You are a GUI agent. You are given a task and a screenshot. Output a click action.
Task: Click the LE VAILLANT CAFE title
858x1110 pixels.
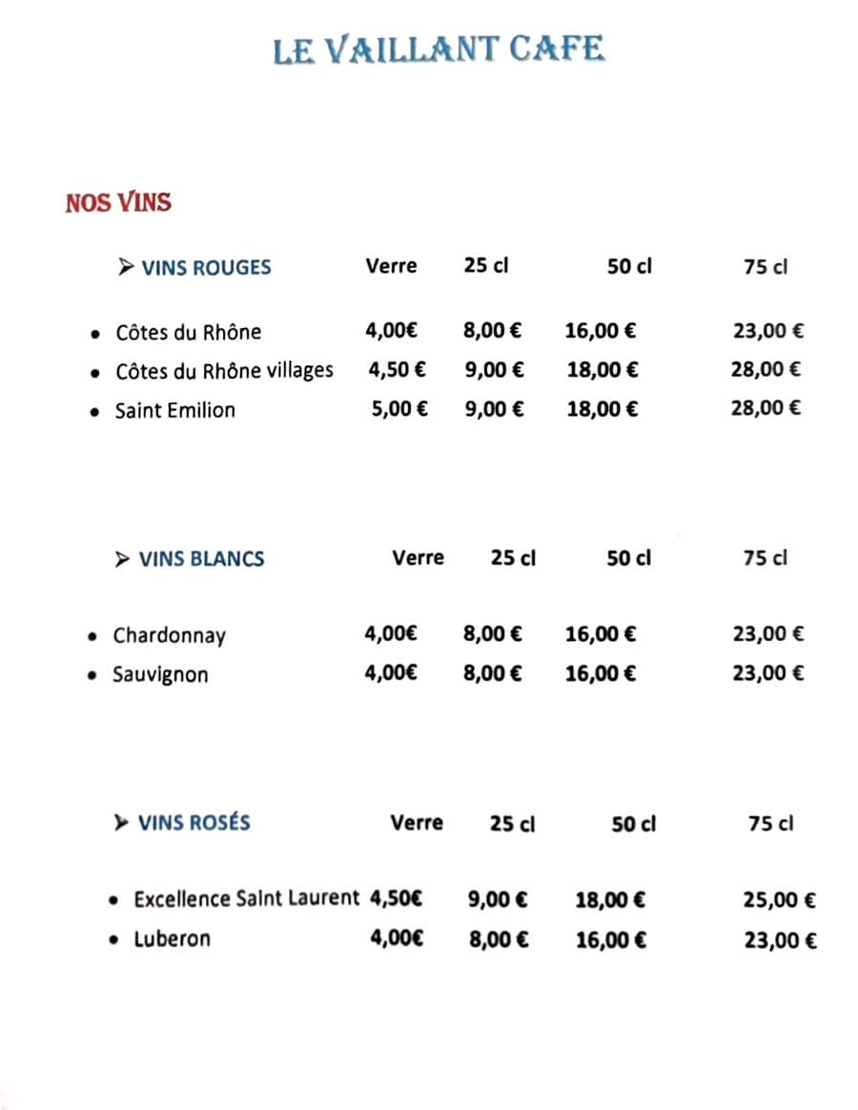pos(439,49)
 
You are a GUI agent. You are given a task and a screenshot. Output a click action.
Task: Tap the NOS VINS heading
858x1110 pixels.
pos(118,202)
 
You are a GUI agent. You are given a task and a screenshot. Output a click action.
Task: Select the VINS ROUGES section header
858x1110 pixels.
pos(205,268)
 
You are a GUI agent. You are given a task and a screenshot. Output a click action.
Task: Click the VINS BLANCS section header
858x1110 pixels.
pos(201,559)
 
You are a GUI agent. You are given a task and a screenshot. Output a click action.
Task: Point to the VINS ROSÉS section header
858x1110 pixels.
pos(194,822)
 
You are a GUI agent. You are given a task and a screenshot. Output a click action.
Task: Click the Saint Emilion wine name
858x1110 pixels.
pos(174,411)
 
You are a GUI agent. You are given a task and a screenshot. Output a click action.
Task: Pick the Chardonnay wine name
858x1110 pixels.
pos(169,636)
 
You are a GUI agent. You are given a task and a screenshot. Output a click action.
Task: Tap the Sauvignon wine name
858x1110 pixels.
pos(160,675)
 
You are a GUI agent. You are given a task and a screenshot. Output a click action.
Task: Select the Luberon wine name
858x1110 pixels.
pos(172,939)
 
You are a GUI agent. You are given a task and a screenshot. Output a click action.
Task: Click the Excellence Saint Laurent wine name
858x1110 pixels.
pos(247,898)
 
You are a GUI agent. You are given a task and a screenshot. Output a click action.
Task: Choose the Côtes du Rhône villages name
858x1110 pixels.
pos(224,371)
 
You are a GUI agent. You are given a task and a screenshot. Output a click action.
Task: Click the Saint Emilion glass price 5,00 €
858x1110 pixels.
pos(399,409)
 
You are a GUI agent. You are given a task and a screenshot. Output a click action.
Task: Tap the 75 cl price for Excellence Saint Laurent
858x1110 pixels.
pos(779,899)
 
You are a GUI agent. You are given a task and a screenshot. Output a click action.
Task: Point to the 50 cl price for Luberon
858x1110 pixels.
pos(610,940)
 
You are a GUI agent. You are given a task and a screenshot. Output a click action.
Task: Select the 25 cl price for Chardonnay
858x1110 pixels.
pos(492,633)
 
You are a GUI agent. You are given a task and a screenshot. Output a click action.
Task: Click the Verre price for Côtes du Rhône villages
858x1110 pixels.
pos(397,370)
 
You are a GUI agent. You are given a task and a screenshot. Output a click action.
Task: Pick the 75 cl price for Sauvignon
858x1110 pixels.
pos(767,673)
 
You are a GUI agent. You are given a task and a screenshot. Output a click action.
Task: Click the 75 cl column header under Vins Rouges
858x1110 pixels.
pos(766,268)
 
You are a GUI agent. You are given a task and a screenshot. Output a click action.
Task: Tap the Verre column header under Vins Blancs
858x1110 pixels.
pos(418,558)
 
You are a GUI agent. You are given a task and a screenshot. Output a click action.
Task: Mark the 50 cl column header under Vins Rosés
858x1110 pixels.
pos(633,823)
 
